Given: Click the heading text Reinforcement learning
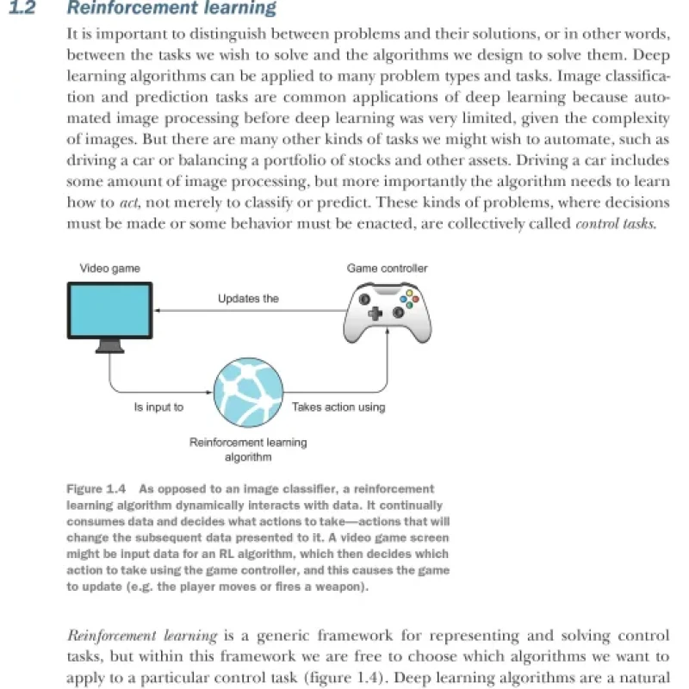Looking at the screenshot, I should click(171, 9).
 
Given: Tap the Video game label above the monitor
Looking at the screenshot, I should click(110, 269).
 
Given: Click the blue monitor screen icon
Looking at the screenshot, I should click(109, 311).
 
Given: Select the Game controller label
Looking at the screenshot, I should click(387, 269).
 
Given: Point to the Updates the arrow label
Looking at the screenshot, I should click(248, 299).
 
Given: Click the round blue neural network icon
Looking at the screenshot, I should click(247, 392).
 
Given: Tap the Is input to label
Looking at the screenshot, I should click(158, 407).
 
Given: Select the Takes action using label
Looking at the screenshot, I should click(338, 407).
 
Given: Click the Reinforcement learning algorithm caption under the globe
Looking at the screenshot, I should click(247, 450).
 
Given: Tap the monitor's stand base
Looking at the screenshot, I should click(110, 347).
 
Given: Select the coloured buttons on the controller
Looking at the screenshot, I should click(413, 300).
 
